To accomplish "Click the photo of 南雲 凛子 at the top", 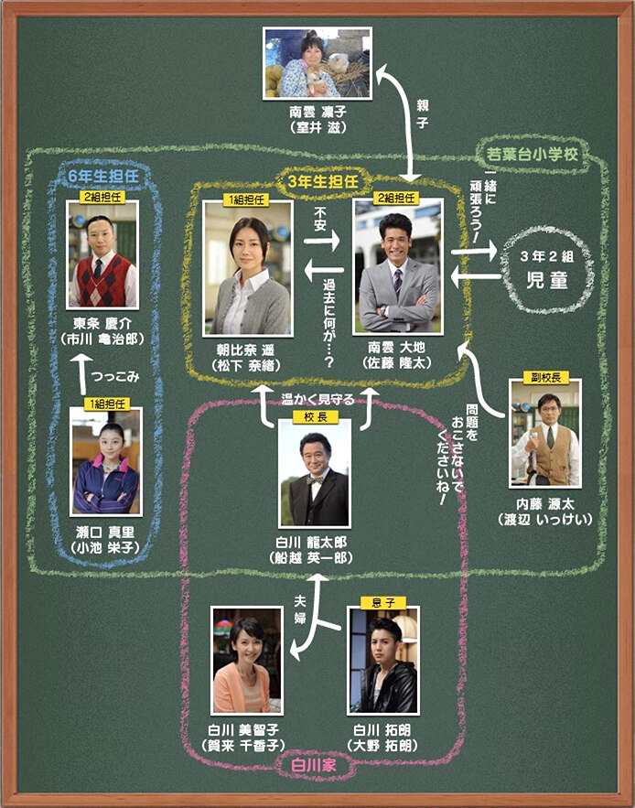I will pyautogui.click(x=317, y=62).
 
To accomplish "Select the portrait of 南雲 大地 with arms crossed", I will pyautogui.click(x=397, y=266).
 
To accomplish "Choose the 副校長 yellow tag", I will pyautogui.click(x=544, y=375).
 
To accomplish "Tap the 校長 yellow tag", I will pyautogui.click(x=315, y=416).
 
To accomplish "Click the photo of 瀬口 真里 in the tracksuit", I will pyautogui.click(x=105, y=462).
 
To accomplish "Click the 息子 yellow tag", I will pyautogui.click(x=382, y=603).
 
